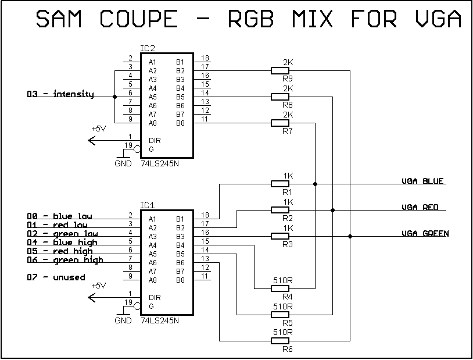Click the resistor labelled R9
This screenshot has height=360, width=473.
coord(280,70)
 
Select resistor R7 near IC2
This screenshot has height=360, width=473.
coord(280,123)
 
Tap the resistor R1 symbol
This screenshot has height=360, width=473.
coord(280,184)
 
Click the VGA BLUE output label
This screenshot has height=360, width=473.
coord(423,181)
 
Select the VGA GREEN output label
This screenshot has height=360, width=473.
coord(425,233)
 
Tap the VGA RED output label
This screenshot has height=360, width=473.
coord(420,207)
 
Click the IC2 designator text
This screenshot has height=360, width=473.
coord(148,48)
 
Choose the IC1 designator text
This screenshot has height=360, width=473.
coord(148,205)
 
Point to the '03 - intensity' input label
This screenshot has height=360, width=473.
coord(60,94)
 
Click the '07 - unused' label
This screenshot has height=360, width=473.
coord(56,277)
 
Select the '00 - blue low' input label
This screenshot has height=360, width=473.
coord(59,216)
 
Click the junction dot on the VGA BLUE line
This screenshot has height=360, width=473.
coord(315,184)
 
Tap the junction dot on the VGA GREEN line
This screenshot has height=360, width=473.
coord(350,236)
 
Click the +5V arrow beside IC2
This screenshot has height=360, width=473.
coord(92,140)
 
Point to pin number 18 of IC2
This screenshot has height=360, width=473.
coord(205,58)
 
